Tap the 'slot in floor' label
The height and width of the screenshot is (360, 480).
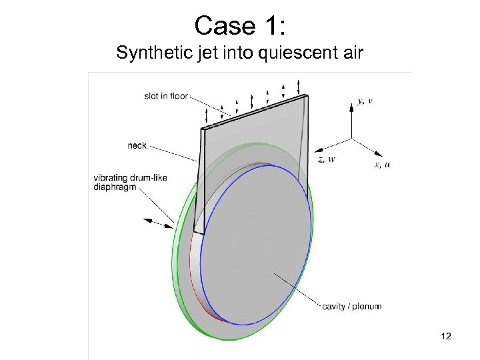166,96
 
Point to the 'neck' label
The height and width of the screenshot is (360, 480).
137,145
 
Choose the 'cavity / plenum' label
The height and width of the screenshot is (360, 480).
351,307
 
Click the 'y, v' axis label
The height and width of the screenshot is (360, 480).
365,101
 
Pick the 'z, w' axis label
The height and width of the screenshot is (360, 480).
327,159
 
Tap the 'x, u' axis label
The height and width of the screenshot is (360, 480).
382,164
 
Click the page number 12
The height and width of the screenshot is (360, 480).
446,336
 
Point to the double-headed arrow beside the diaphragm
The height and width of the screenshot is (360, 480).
159,223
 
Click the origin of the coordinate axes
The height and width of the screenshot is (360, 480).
351,139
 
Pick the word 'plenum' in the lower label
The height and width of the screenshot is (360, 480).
366,307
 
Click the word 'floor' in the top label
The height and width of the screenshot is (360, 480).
178,96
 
